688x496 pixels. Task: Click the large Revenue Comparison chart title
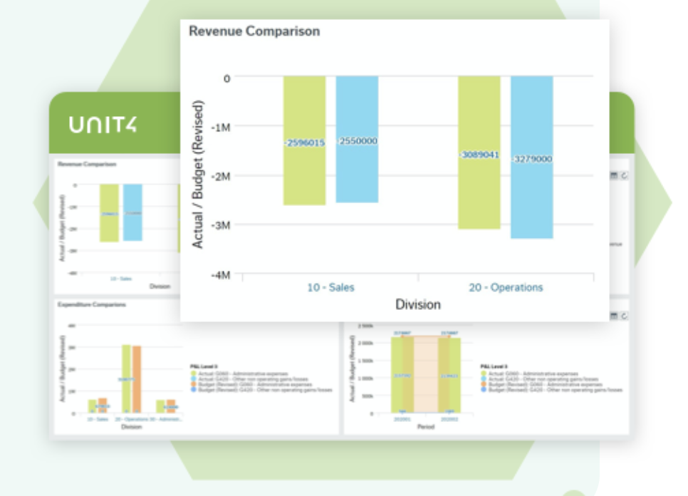tap(254, 31)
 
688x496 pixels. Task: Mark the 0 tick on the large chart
tap(226, 78)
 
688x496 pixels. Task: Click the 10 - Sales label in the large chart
tap(330, 288)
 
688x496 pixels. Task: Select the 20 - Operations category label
tap(506, 288)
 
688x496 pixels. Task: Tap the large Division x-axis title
tap(418, 305)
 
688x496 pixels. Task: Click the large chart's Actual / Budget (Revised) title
tap(199, 175)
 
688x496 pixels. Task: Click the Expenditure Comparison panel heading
tap(92, 304)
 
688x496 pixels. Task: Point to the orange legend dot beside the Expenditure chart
tap(193, 386)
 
